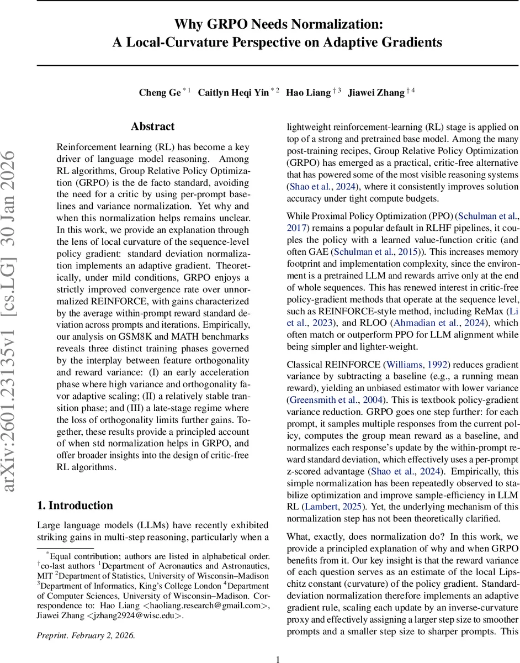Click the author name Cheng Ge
click(160, 92)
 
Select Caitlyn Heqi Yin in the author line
click(234, 92)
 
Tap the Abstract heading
click(153, 127)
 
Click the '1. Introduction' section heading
click(75, 506)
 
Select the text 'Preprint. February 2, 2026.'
click(86, 635)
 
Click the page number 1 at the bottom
click(278, 659)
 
